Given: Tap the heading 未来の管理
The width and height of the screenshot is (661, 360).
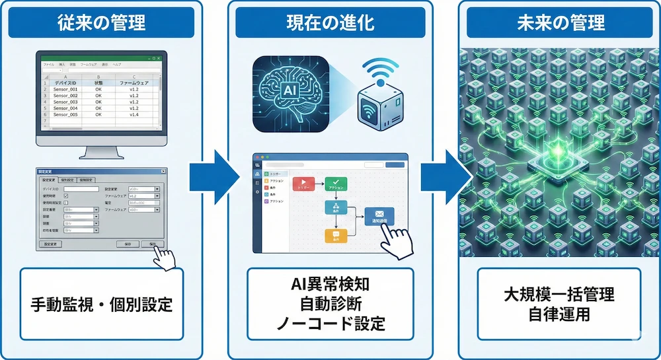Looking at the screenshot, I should pos(561,22).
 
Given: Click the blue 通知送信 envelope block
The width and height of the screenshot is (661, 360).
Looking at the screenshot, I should pos(379,216).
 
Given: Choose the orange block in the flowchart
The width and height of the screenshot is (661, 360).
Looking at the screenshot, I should pos(335,236).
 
